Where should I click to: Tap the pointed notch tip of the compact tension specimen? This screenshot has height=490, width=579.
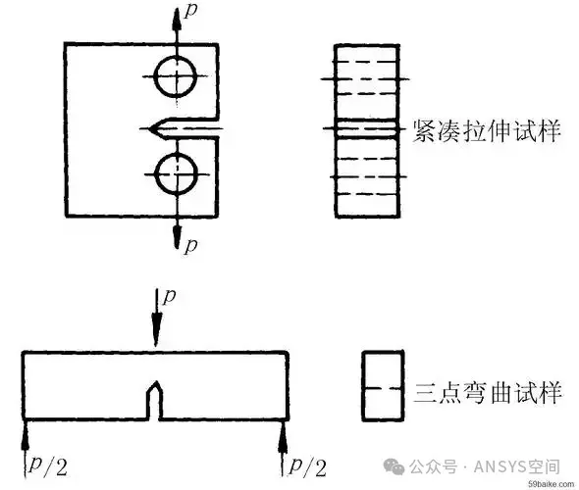149,128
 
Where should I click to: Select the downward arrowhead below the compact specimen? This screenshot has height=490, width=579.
178,236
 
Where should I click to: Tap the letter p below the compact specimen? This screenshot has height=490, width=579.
190,245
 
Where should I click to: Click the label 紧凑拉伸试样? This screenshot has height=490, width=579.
486,131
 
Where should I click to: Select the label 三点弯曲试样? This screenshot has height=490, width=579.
488,392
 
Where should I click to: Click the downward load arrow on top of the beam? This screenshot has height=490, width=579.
157,318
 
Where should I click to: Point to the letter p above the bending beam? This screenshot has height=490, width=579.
169,296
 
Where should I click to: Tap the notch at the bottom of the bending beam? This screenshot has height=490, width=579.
155,401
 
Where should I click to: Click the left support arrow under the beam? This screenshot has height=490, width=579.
25,448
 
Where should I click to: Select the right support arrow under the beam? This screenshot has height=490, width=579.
283,448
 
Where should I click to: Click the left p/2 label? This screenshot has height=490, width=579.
48,466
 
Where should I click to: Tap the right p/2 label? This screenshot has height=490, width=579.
308,466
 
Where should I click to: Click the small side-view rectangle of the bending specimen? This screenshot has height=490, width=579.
363,386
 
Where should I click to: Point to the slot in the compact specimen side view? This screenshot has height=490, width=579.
367,129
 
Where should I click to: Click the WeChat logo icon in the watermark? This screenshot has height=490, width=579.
394,466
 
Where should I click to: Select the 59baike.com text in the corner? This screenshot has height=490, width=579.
552,484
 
